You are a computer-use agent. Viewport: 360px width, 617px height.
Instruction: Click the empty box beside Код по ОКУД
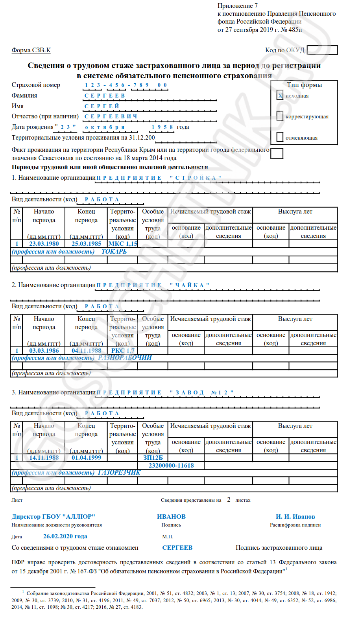[322, 50]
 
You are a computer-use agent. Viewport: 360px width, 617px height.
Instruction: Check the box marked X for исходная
[280, 95]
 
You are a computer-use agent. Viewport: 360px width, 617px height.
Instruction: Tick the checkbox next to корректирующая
[280, 116]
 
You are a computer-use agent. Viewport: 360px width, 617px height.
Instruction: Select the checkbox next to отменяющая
[280, 137]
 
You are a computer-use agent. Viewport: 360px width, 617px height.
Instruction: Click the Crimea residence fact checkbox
[277, 153]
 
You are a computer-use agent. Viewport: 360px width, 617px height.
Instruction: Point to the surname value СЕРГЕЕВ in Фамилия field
[105, 96]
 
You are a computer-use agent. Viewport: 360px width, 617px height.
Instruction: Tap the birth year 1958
[162, 127]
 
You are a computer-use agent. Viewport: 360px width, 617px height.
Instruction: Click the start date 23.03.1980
[44, 243]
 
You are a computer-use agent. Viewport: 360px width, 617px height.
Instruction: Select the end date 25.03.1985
[87, 243]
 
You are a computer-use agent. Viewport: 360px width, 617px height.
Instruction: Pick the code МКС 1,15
[123, 243]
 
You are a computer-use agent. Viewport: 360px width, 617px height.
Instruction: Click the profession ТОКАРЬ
[114, 251]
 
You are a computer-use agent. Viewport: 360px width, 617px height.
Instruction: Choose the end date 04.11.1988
[87, 350]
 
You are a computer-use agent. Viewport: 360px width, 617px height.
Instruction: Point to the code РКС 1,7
[123, 350]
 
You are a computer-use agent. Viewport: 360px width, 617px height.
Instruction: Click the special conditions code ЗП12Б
[153, 457]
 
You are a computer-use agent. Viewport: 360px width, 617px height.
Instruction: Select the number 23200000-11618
[171, 465]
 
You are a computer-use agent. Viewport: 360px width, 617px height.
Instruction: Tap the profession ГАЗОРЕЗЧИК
[119, 472]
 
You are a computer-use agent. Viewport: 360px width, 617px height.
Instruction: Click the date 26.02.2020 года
[65, 536]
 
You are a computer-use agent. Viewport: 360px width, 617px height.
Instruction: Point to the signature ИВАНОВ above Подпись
[171, 516]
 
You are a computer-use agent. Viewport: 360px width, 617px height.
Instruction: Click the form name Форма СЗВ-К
[31, 50]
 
